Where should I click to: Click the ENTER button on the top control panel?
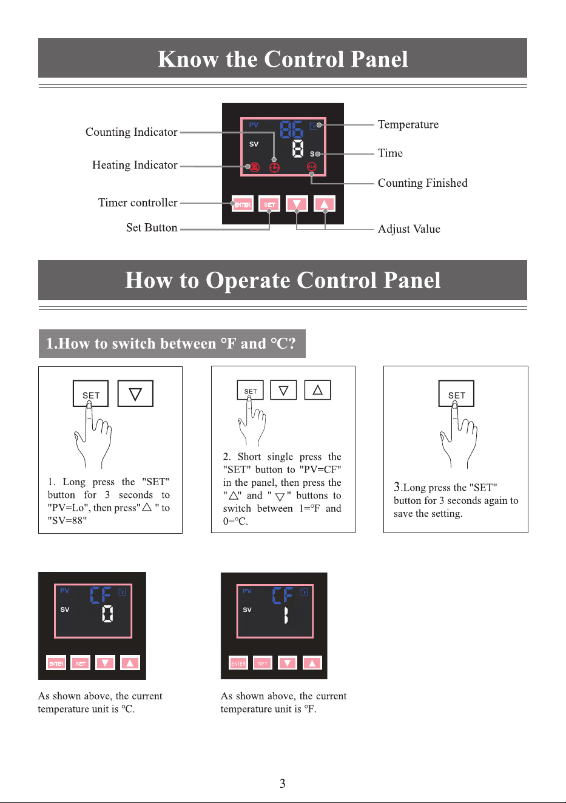tap(243, 204)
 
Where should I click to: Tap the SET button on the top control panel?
tap(269, 204)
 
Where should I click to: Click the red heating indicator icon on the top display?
tap(255, 167)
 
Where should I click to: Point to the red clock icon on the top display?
tap(274, 167)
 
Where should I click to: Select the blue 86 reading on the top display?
tap(292, 129)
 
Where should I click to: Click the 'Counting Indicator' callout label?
tap(131, 132)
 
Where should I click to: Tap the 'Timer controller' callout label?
tap(138, 203)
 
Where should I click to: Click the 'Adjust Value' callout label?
tap(409, 229)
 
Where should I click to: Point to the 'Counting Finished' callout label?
tap(422, 183)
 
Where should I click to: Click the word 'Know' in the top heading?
tap(188, 59)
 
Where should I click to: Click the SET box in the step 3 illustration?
tap(456, 394)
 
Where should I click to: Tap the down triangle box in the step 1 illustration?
tap(135, 394)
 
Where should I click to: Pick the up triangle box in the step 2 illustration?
tap(317, 390)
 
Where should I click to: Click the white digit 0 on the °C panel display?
tap(107, 614)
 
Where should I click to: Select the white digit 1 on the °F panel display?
tap(286, 616)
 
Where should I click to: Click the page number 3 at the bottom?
tap(283, 784)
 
